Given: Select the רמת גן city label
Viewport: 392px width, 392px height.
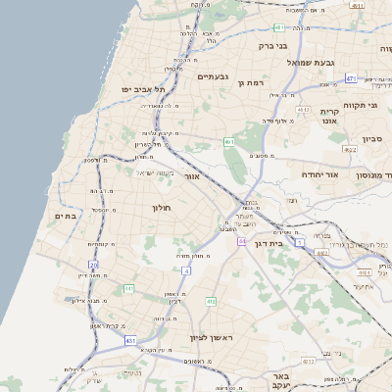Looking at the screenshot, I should pos(253,83).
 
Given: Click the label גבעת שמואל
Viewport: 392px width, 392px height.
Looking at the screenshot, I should pos(306,62).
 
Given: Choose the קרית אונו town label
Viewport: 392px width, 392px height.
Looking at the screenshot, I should pos(328,117).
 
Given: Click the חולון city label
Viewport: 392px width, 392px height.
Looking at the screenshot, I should pos(162,209).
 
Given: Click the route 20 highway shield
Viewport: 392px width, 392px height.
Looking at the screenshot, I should pos(94,265).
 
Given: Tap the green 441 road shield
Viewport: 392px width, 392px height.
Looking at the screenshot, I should pos(128,288).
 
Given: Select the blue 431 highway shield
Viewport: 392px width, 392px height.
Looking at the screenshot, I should pos(130,340).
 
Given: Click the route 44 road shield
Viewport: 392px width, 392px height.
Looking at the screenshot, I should pos(241,240).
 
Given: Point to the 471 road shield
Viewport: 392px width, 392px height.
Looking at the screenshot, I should pos(350,77).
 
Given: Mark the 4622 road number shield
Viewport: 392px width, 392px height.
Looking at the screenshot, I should pos(350,150).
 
